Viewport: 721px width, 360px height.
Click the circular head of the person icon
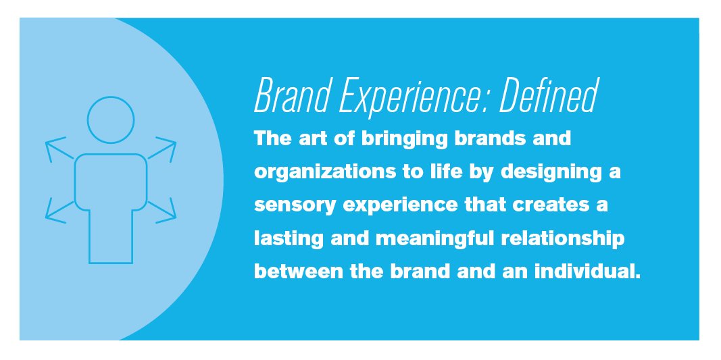(x=111, y=120)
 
